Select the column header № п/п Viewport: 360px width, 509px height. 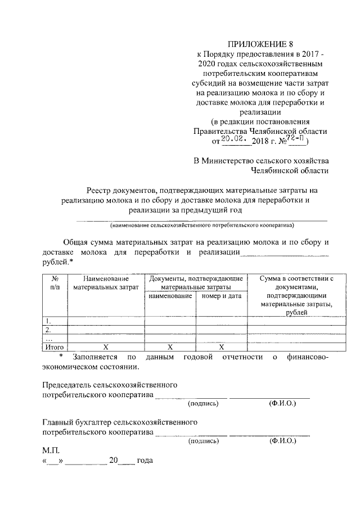56,282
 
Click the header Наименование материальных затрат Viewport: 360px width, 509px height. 106,282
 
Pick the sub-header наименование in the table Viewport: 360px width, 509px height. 168,295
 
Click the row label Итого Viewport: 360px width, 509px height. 55,348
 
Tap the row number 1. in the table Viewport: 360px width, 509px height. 49,321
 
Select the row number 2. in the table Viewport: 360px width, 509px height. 49,330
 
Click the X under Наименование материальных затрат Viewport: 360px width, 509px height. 106,348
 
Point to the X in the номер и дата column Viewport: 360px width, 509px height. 221,348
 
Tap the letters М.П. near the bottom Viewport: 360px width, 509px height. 51,451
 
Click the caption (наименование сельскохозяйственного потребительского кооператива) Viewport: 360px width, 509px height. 202,225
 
